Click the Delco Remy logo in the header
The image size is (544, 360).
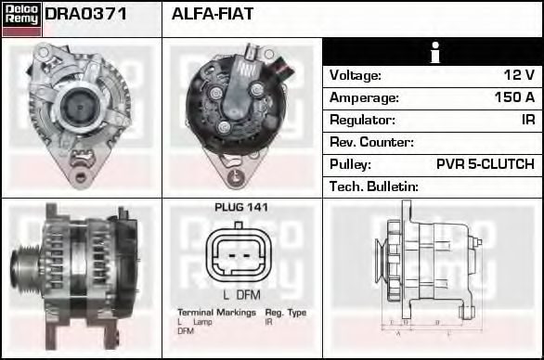(21, 18)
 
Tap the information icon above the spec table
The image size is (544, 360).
(433, 52)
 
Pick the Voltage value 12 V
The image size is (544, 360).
(518, 75)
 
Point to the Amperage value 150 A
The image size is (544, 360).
(513, 97)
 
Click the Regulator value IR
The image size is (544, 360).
(526, 120)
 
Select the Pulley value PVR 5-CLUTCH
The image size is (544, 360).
(485, 164)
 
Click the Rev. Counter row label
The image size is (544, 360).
(371, 142)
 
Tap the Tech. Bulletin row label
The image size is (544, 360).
(374, 186)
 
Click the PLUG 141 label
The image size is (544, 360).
(240, 208)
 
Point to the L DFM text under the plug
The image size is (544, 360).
(240, 294)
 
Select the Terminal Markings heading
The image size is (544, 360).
(216, 313)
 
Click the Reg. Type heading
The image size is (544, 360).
(285, 313)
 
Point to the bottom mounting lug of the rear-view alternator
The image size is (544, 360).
(240, 175)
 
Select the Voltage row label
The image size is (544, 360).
(356, 75)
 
